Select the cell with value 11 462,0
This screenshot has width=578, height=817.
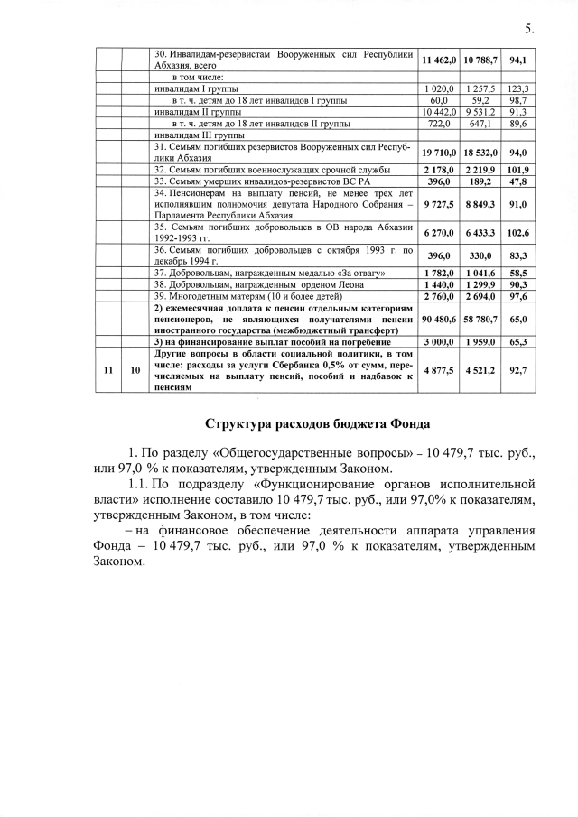click(439, 60)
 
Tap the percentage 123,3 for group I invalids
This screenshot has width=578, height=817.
click(518, 90)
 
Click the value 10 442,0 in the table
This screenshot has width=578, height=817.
click(439, 112)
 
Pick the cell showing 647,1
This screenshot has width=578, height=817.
click(480, 123)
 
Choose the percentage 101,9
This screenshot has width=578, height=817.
click(518, 170)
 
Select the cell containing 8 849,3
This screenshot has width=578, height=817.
click(480, 204)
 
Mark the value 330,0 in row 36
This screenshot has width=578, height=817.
click(480, 255)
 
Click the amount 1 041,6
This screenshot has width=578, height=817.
click(480, 273)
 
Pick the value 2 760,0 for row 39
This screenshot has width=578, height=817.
click(439, 295)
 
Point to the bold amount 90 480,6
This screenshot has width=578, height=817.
click(439, 318)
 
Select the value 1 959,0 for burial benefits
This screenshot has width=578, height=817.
click(480, 342)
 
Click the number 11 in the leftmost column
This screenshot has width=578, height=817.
click(107, 369)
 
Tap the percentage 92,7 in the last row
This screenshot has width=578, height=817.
click(518, 369)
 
